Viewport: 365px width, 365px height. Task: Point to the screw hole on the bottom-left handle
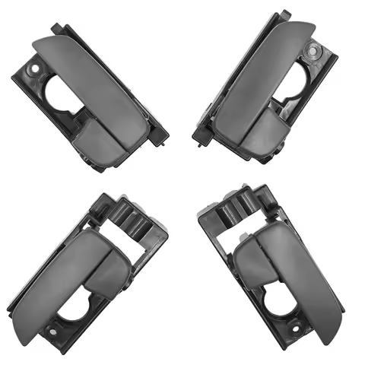52,328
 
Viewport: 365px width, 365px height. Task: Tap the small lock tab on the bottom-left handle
107,266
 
